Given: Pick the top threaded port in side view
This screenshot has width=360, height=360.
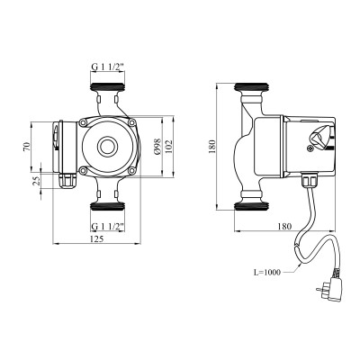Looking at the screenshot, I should click(249, 89).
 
